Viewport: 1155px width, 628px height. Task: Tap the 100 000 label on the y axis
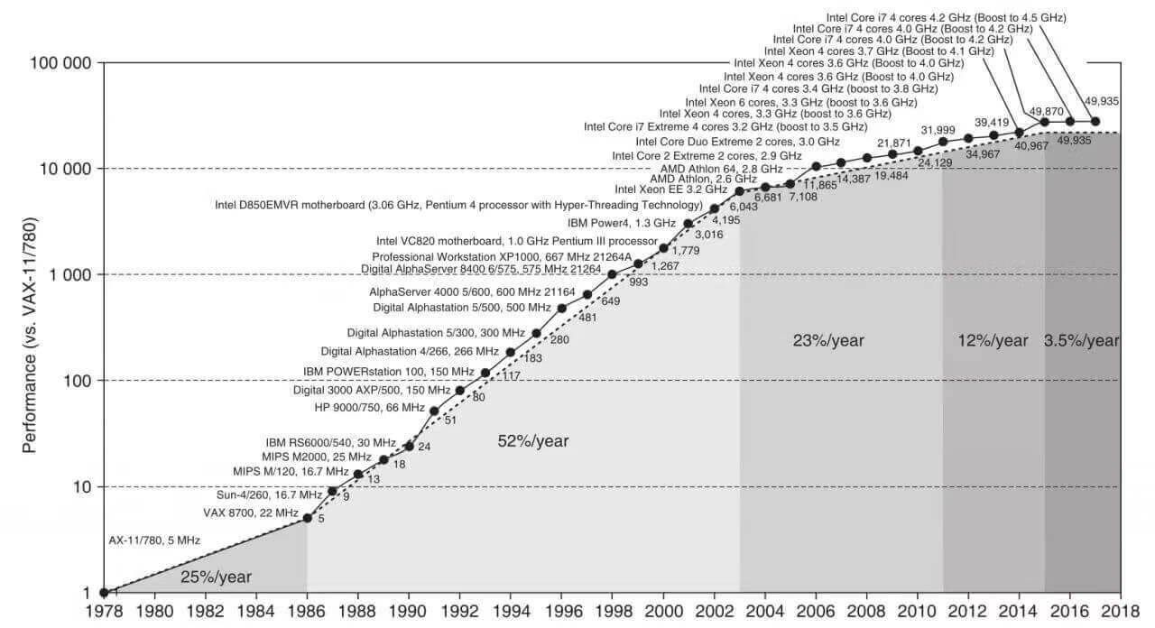pyautogui.click(x=61, y=63)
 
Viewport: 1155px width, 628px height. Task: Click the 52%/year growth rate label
pyautogui.click(x=533, y=441)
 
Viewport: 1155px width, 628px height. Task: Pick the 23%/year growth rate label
pyautogui.click(x=828, y=340)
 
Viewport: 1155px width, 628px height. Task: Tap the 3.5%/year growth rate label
pyautogui.click(x=1081, y=340)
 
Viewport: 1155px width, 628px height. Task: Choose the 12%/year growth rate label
pyautogui.click(x=993, y=340)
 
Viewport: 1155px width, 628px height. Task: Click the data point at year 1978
pyautogui.click(x=104, y=593)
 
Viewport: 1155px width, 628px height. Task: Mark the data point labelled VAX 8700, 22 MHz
pyautogui.click(x=308, y=518)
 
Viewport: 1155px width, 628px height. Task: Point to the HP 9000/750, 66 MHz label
pyautogui.click(x=369, y=407)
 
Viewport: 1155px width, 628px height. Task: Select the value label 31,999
pyautogui.click(x=938, y=132)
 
